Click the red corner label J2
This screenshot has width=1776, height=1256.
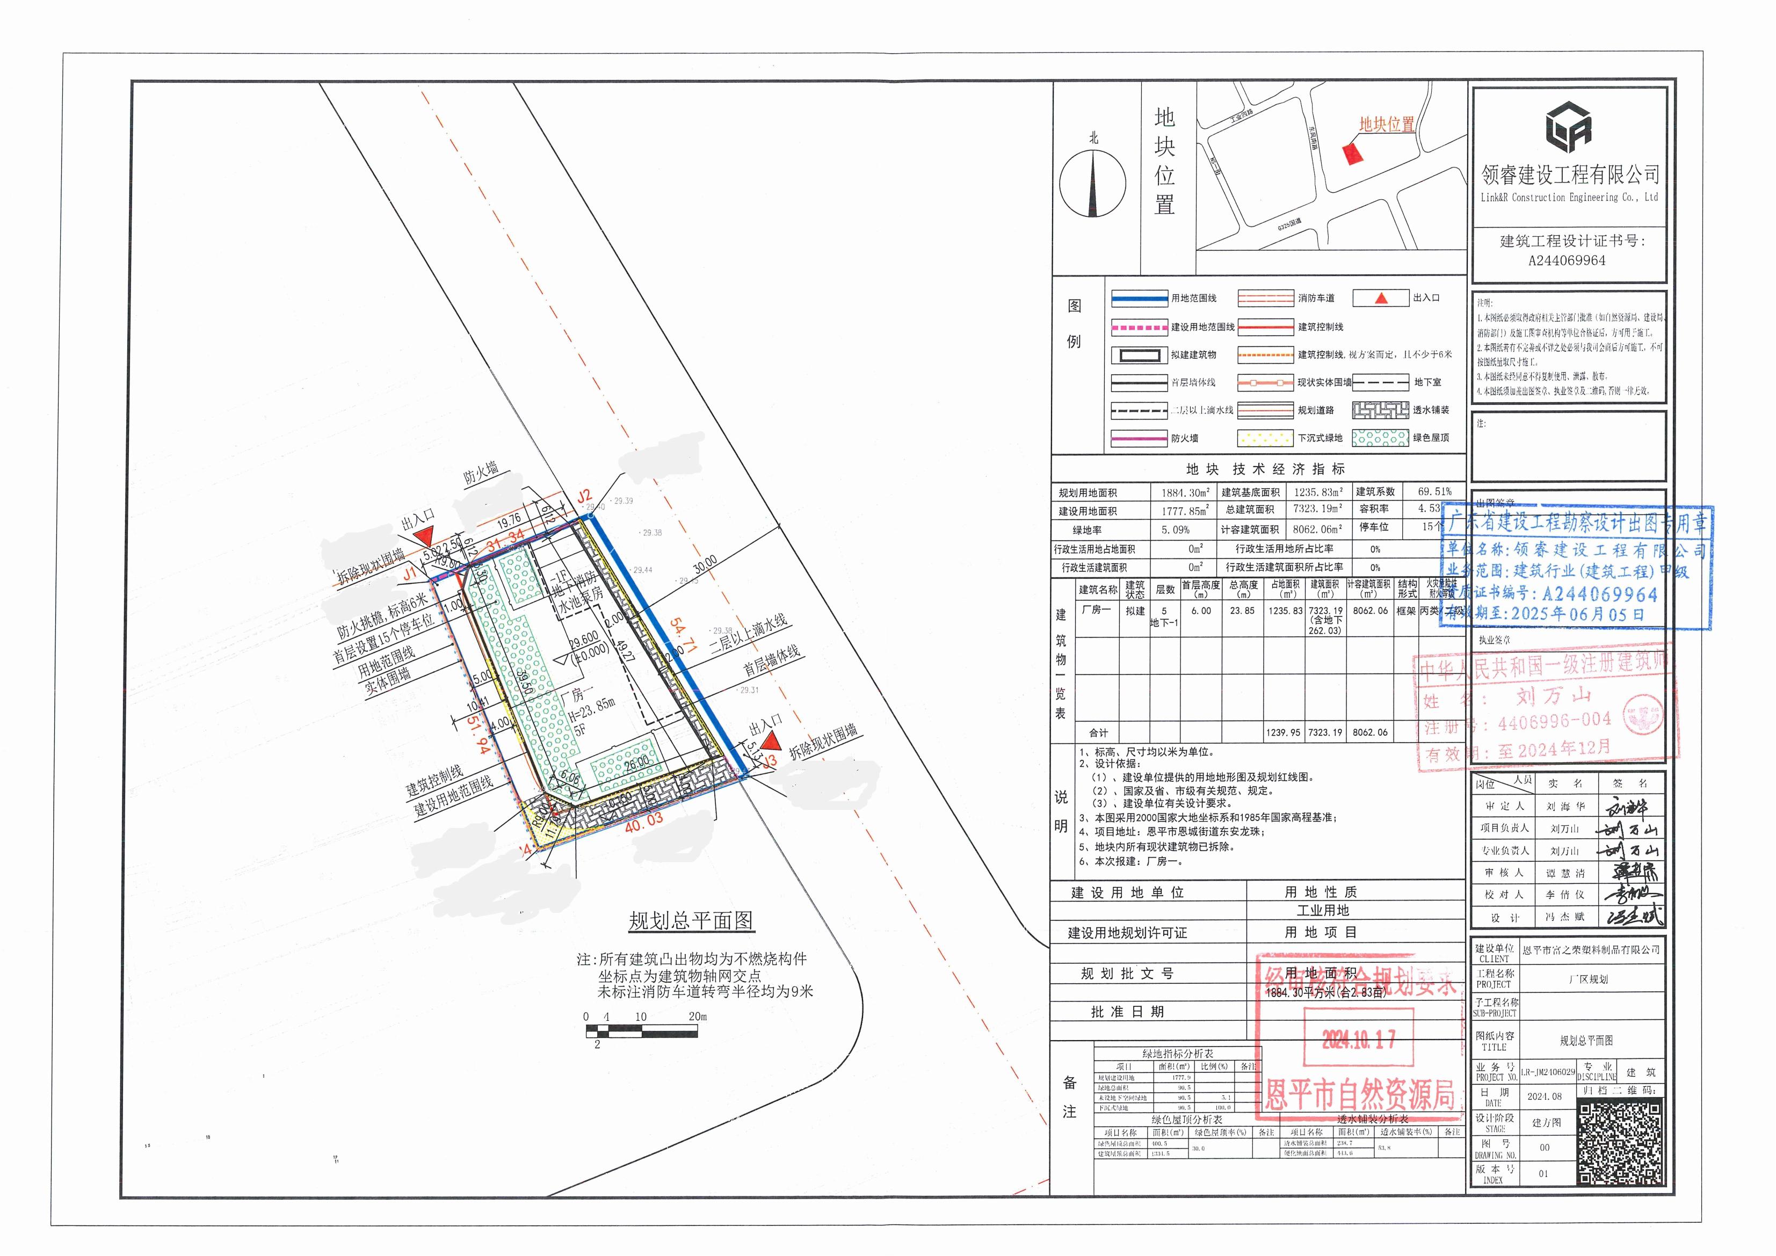click(585, 496)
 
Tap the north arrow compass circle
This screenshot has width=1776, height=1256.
click(1092, 187)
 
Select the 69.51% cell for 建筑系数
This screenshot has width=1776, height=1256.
click(1434, 491)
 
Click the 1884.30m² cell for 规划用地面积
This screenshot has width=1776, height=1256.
click(1184, 492)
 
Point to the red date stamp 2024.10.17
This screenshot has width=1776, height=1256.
click(1358, 1039)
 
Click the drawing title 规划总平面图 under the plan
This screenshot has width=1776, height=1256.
click(690, 920)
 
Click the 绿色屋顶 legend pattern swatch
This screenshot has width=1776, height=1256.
click(1380, 438)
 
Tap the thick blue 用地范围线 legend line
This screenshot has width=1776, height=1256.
click(1139, 298)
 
